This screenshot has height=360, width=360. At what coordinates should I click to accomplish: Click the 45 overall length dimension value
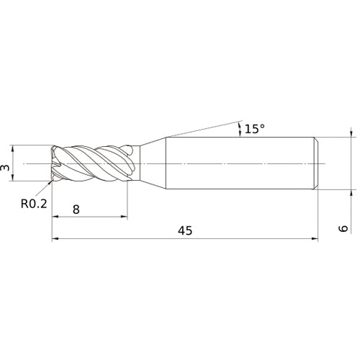185,230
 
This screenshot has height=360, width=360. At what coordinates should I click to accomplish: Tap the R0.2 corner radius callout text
34,204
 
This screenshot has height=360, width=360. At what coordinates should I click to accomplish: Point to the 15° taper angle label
254,129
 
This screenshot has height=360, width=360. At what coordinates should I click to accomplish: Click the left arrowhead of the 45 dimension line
55,239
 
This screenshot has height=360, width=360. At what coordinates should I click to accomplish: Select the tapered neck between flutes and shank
151,163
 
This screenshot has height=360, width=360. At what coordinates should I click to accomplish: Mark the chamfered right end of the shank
315,163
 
